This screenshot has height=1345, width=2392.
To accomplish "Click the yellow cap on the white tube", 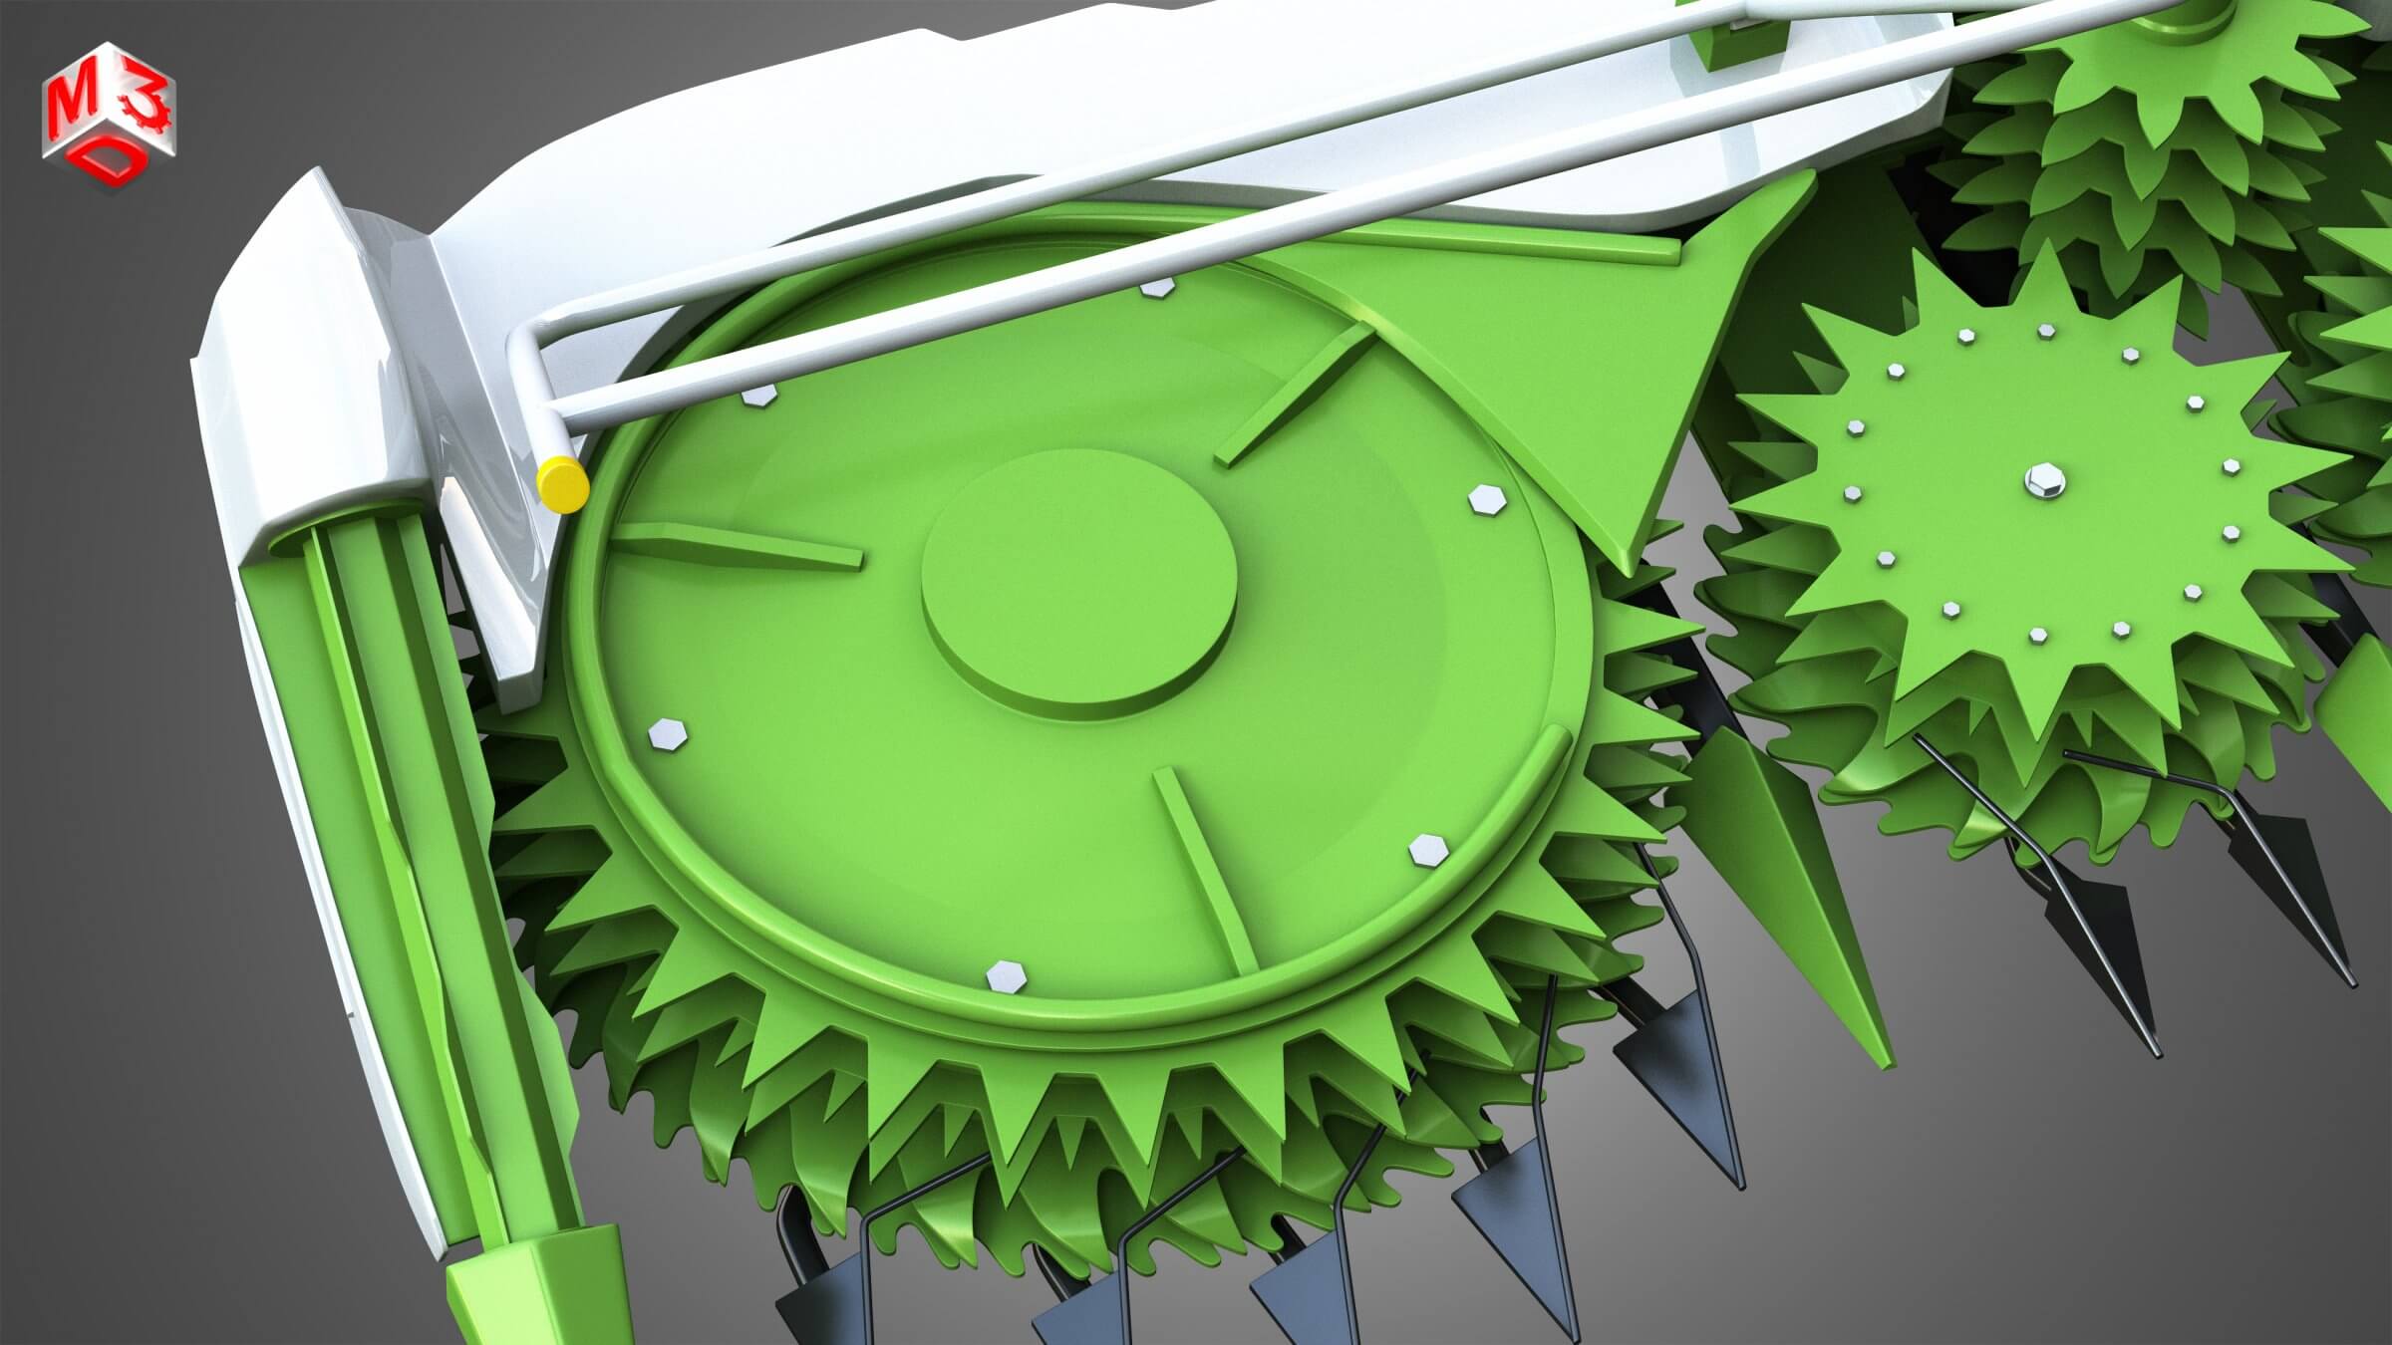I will pyautogui.click(x=561, y=484).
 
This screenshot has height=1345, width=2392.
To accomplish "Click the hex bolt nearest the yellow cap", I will pyautogui.click(x=759, y=396).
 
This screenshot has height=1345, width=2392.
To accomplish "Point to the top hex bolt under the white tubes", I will pyautogui.click(x=1156, y=288).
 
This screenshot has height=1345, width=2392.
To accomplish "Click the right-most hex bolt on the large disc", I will pyautogui.click(x=1485, y=499).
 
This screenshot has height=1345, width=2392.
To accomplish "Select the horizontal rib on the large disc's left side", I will pyautogui.click(x=743, y=546).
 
